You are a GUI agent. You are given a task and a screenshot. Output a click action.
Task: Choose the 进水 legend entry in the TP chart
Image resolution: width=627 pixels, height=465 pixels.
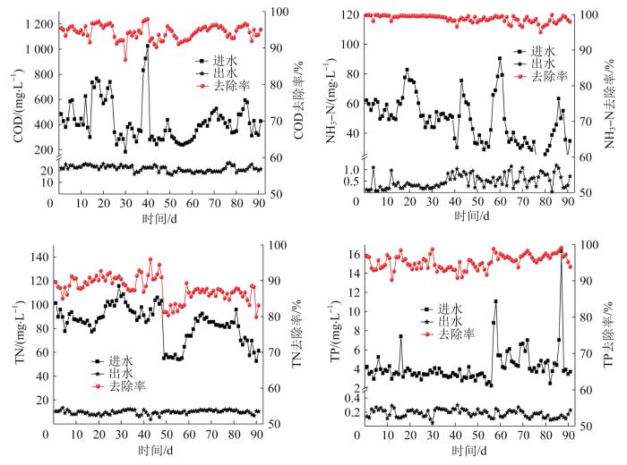tap(451, 309)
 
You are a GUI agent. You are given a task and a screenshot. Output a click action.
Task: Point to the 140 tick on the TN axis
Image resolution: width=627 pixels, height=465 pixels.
tap(38, 258)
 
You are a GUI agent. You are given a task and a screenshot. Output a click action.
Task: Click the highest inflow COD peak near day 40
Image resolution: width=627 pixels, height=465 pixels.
tap(147, 46)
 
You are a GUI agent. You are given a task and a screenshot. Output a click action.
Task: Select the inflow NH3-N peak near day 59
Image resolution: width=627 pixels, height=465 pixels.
tap(500, 59)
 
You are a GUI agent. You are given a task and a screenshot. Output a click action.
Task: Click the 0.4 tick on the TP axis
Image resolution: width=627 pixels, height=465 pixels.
tap(348, 397)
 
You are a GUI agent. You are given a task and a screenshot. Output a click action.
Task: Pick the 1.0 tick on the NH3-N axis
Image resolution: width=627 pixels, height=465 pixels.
tap(349, 169)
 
